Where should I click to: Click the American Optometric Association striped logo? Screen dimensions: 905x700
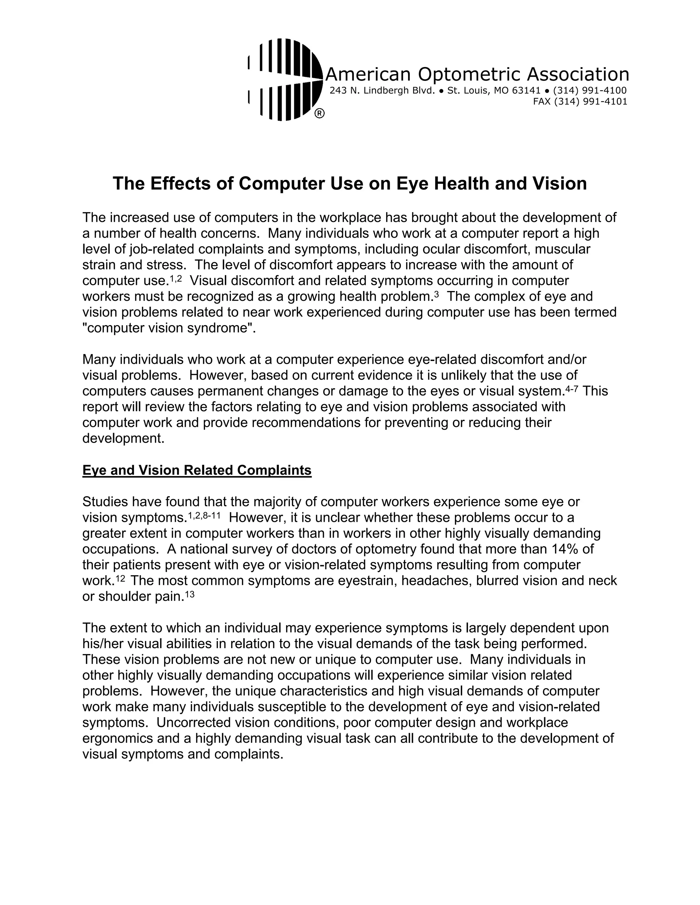[285, 80]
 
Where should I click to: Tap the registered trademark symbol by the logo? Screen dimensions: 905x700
[319, 113]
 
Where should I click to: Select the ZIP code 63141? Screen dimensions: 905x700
[527, 90]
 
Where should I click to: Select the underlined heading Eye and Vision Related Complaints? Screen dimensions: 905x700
[197, 470]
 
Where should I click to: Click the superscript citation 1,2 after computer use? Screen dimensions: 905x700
[176, 279]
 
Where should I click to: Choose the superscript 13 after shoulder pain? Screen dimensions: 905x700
[189, 595]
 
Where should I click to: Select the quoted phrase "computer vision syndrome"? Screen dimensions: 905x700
[167, 328]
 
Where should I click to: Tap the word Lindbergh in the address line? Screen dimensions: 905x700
[386, 90]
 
